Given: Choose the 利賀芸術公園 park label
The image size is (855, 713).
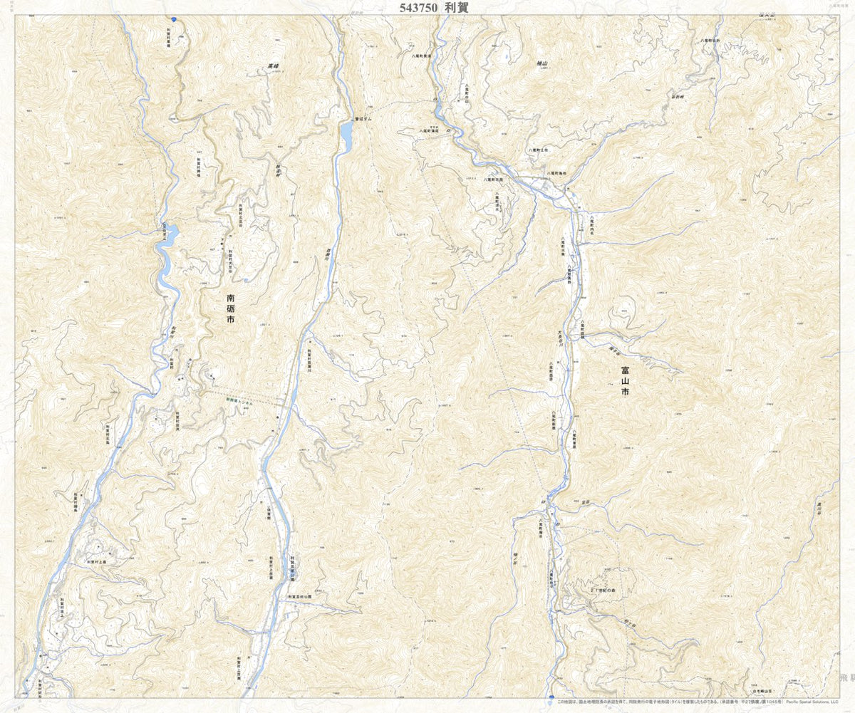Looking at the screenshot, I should tap(300, 596).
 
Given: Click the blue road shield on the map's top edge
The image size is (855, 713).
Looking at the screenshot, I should tap(174, 19).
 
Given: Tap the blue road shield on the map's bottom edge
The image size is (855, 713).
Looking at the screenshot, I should tap(551, 697).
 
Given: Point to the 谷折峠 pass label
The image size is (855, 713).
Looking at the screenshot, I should tap(676, 96).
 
